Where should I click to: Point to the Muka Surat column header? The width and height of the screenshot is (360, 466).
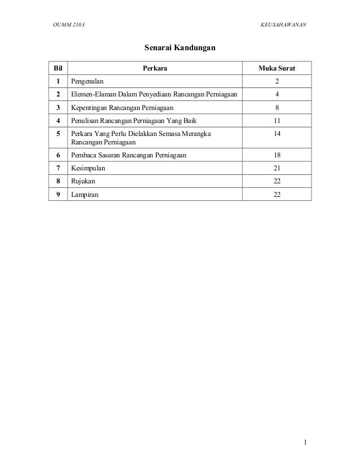276,69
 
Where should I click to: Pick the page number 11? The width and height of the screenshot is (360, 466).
276,120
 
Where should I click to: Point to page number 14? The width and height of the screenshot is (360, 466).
276,133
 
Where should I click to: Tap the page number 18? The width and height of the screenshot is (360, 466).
276,155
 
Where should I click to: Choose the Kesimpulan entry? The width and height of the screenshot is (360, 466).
87,168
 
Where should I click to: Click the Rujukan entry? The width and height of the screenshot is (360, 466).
82,181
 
